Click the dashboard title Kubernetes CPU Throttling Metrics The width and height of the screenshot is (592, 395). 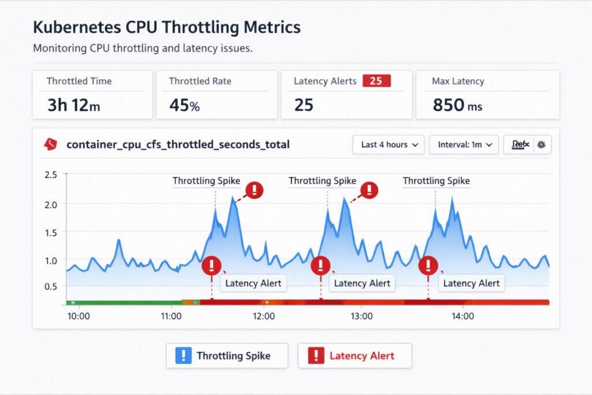click(166, 27)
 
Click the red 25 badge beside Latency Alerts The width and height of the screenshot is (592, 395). click(376, 81)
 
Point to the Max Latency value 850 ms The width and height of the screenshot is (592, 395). click(457, 105)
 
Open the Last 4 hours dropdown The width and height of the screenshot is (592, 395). click(388, 145)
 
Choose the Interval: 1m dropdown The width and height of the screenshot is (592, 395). click(464, 145)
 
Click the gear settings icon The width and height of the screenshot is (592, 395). click(541, 145)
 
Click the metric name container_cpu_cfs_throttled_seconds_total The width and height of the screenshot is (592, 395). click(178, 145)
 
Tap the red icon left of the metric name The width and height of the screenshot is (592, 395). click(50, 145)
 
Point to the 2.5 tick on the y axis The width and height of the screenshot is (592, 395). click(50, 174)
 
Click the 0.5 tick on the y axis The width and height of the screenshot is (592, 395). click(50, 286)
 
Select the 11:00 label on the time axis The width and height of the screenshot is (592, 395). click(171, 316)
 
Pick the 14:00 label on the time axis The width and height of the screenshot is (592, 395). click(462, 316)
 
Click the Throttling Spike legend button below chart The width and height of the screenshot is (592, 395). click(227, 356)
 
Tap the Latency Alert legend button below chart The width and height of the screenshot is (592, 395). click(354, 356)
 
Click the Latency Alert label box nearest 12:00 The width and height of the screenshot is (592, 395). click(253, 283)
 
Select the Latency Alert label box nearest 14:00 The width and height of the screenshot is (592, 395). click(471, 283)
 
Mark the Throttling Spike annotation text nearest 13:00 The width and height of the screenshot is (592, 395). click(322, 181)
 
